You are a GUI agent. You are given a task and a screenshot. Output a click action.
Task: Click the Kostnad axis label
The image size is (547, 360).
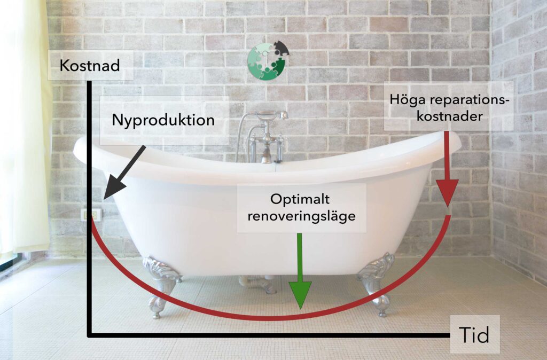click(x=90, y=66)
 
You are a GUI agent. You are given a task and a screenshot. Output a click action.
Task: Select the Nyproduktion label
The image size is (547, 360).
click(x=163, y=120)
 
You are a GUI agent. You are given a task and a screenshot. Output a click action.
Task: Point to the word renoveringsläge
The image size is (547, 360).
click(x=301, y=217)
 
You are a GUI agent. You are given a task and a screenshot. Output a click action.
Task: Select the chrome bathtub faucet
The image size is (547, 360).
click(x=263, y=134)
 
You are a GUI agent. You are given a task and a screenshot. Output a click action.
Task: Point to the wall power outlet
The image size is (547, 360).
click(x=91, y=215)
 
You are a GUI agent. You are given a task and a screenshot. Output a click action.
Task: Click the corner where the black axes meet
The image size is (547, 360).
click(x=90, y=335)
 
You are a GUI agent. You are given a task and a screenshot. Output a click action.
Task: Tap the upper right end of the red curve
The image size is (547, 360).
click(x=449, y=216)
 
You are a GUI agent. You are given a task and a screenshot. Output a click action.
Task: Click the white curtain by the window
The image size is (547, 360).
click(x=24, y=134)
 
